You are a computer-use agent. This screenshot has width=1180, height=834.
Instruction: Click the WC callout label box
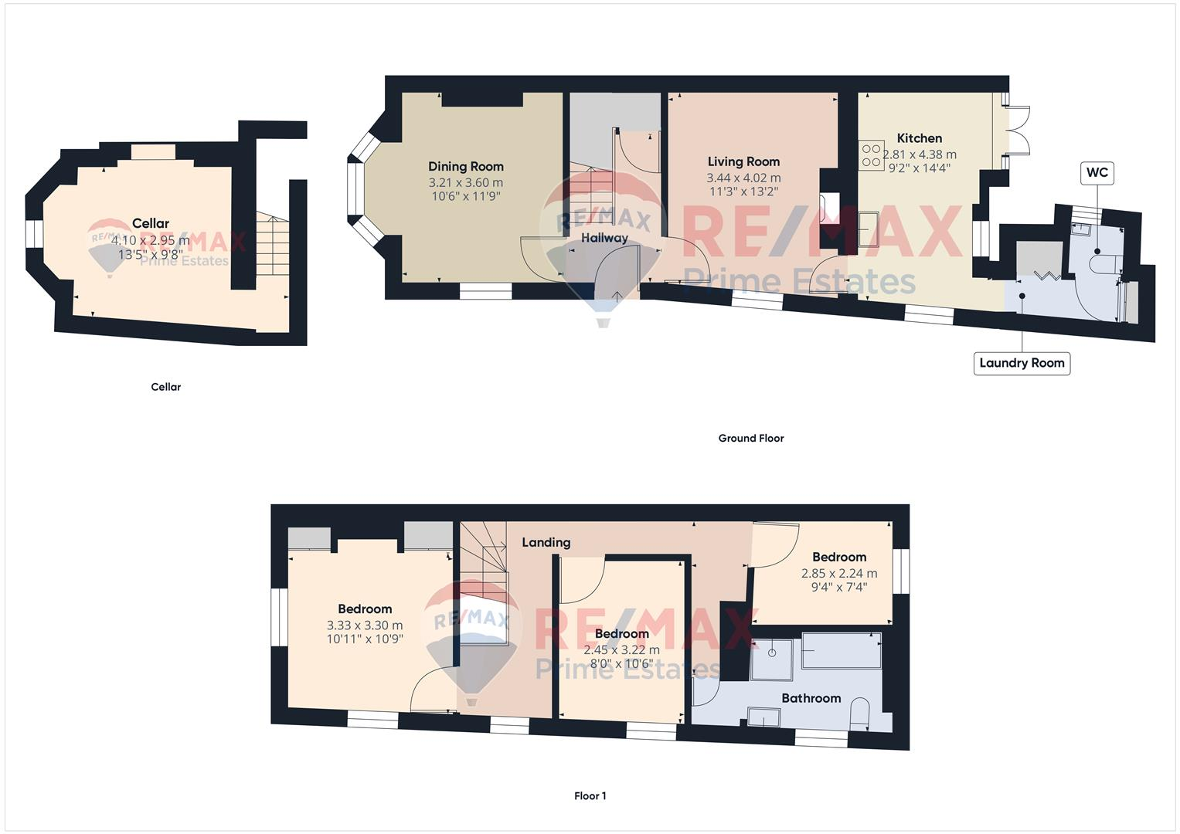pos(1097,172)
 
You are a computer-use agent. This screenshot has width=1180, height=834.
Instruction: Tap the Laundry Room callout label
pos(1022,363)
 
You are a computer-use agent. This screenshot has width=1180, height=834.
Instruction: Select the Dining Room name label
pos(466,166)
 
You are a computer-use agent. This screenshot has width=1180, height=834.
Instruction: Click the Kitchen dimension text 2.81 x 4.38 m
pos(920,154)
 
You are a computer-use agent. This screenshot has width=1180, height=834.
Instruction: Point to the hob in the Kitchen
pos(872,154)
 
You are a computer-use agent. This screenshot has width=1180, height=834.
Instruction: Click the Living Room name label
pos(743,161)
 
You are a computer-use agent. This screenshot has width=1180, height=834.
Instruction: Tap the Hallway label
pos(604,238)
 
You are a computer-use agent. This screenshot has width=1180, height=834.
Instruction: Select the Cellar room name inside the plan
pos(151,223)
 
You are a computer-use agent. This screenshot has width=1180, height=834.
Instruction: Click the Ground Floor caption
pos(751,438)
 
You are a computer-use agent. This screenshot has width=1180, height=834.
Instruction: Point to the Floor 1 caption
pos(590,795)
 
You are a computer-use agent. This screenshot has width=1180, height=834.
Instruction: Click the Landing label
pos(546,542)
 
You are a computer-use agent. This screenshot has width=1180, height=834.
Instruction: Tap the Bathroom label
pos(811,698)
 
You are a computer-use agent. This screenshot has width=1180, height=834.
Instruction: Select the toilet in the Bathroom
pos(860,714)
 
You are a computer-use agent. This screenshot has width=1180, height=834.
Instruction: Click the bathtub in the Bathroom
pos(842,650)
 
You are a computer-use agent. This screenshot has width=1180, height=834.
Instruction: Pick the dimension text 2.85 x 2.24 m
pos(839,574)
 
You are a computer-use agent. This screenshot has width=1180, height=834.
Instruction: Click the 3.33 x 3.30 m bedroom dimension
pos(365,625)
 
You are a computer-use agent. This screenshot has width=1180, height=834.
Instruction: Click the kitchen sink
pos(868,229)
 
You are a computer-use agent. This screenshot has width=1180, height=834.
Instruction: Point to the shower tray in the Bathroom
pos(772,659)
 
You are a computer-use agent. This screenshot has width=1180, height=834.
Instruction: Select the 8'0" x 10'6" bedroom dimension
pos(622,663)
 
